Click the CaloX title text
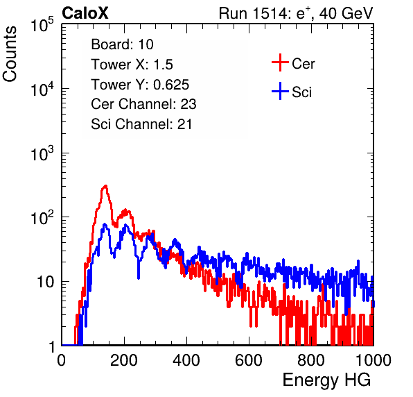click(x=85, y=12)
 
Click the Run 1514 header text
click(x=296, y=13)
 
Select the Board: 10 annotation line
click(x=122, y=44)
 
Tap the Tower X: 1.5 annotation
click(x=132, y=65)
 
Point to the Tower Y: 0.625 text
click(x=140, y=85)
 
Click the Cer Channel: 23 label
click(x=143, y=104)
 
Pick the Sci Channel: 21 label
click(x=141, y=124)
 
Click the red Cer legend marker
click(x=280, y=62)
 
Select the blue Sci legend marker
click(x=280, y=91)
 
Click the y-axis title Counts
click(x=10, y=54)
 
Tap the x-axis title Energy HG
click(x=326, y=380)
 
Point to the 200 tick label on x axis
click(x=124, y=360)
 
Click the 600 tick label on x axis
click(x=249, y=360)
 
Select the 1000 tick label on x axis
click(x=374, y=360)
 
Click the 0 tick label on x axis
click(x=62, y=360)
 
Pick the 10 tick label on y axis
click(x=46, y=282)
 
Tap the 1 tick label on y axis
click(x=51, y=346)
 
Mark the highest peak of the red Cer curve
click(x=105, y=186)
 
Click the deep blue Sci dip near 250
click(x=139, y=278)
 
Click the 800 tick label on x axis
click(x=311, y=360)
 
